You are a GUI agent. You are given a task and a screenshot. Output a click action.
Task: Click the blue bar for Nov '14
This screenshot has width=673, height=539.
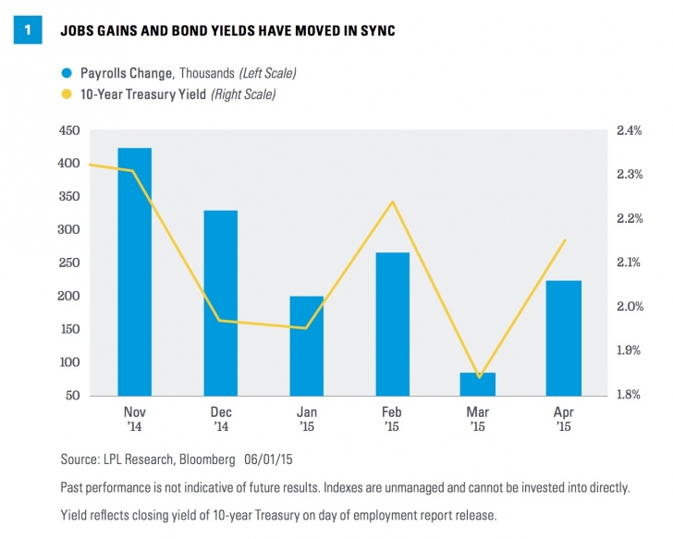tap(135, 272)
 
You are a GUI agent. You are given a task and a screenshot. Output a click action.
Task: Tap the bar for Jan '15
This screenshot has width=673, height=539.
tap(307, 346)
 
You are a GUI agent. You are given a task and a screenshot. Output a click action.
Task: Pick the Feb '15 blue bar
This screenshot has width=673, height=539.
tap(393, 324)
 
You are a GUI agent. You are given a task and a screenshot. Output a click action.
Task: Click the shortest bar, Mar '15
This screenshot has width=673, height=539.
tap(479, 384)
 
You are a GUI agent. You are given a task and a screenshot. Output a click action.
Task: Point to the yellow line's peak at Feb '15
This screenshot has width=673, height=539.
tap(393, 202)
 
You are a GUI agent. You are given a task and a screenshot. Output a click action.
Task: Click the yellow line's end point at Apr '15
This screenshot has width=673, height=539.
tap(565, 240)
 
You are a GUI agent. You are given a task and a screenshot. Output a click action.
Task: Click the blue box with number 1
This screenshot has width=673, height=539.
tap(29, 31)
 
